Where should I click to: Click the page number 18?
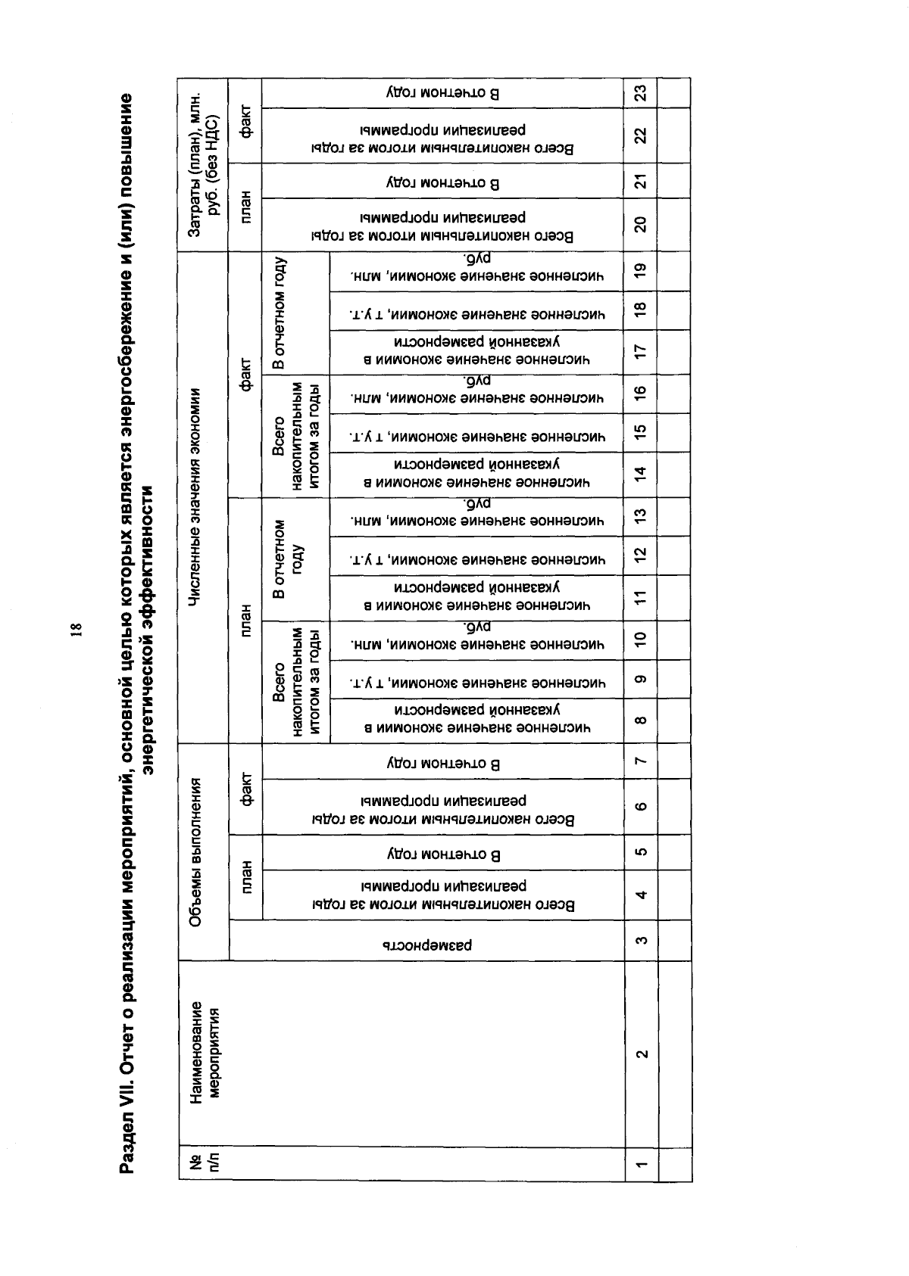click(77, 630)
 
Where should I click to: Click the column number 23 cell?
click(641, 93)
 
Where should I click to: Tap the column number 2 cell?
click(641, 1053)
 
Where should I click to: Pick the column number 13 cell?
click(641, 517)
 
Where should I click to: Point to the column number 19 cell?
click(641, 271)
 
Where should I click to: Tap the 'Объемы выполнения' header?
click(195, 852)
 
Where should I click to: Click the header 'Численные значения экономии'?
click(195, 497)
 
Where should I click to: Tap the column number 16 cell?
click(641, 393)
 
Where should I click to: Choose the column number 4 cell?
click(641, 895)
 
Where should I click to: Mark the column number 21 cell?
click(641, 182)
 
